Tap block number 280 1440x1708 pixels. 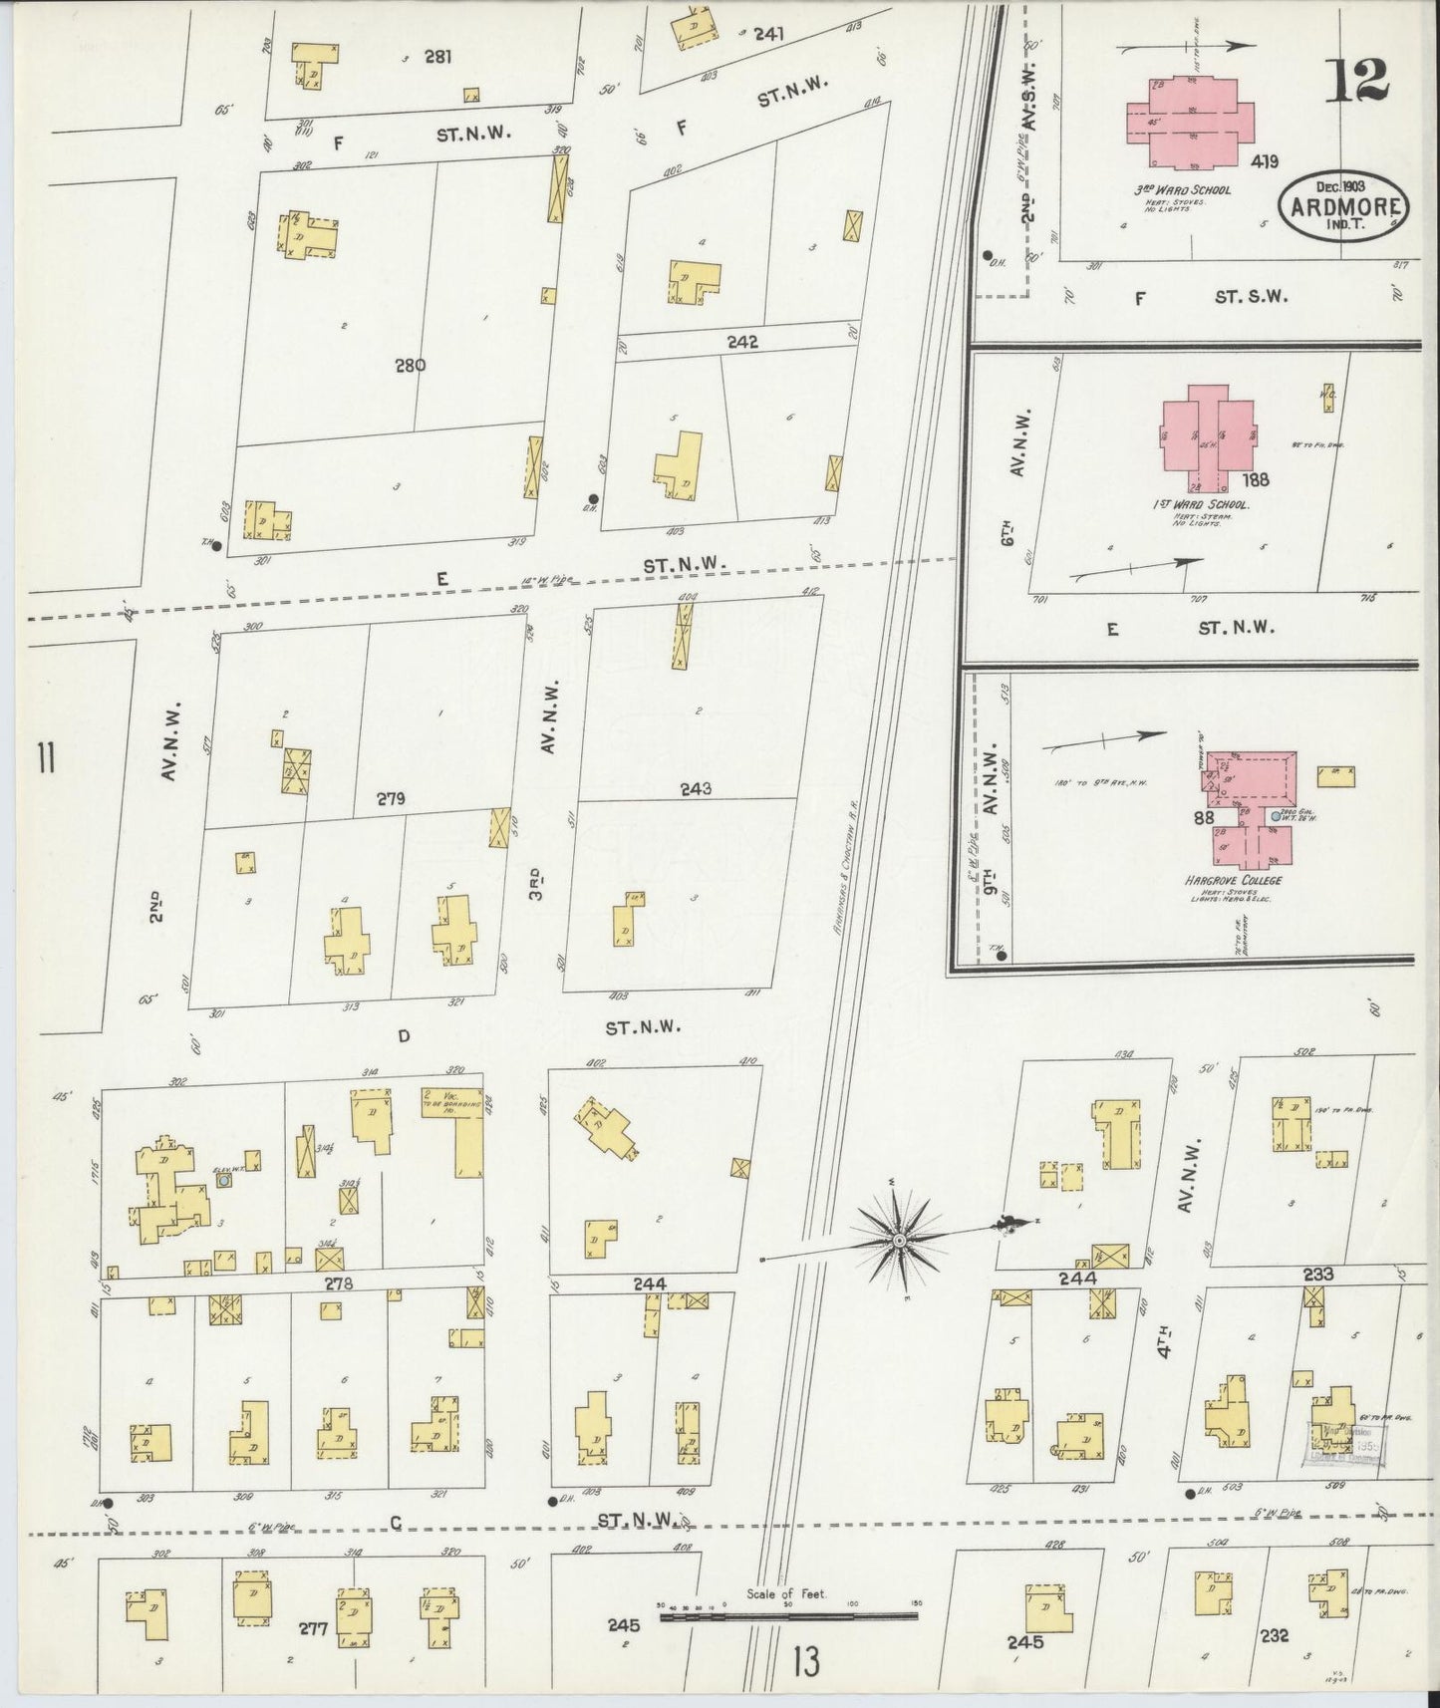pos(410,365)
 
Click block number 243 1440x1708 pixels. pos(696,789)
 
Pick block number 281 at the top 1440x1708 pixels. pos(437,57)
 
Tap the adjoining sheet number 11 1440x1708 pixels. pos(45,760)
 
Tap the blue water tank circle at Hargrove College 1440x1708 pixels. pos(1276,816)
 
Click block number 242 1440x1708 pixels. pos(742,342)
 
